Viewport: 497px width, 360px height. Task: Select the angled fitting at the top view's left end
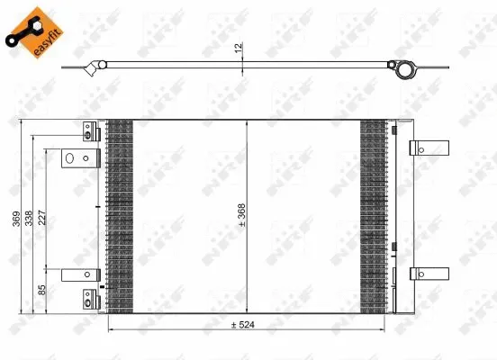(x=92, y=67)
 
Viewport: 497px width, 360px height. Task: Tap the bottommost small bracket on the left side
(x=87, y=298)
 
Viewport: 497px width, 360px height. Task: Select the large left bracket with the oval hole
(x=77, y=159)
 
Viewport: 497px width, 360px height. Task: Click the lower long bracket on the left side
(x=78, y=274)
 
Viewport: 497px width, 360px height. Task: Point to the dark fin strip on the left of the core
(x=119, y=216)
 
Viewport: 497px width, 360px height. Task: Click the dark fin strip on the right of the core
(x=371, y=216)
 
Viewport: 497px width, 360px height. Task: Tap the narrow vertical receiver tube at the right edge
(x=394, y=216)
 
